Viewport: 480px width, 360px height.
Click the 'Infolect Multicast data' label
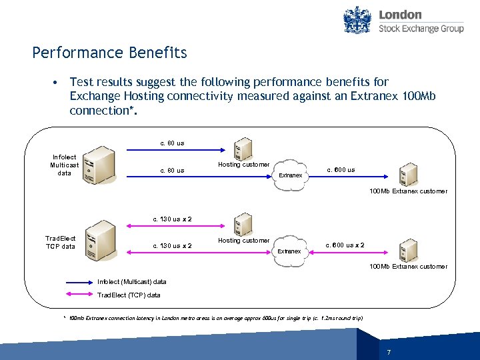(x=65, y=165)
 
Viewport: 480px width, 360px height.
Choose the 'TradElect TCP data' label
(x=61, y=242)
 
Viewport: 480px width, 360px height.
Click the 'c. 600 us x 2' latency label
(x=345, y=245)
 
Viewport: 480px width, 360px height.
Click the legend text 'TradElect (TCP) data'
(x=129, y=295)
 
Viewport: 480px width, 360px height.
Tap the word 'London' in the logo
(x=400, y=14)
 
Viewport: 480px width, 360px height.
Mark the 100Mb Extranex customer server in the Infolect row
(x=408, y=174)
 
